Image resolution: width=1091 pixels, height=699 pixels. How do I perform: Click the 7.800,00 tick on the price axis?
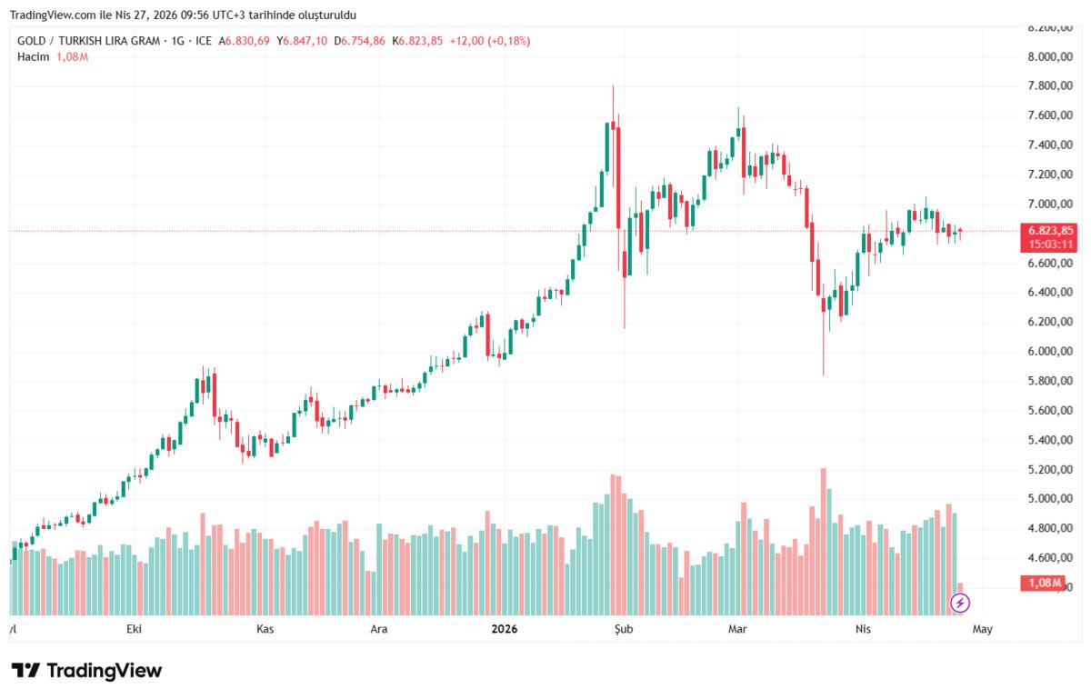point(1045,85)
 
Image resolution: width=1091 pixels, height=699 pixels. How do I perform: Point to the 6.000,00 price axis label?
point(1045,351)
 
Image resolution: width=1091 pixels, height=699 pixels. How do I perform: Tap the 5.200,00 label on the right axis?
point(1045,469)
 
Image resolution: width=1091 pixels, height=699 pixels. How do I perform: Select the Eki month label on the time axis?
point(135,628)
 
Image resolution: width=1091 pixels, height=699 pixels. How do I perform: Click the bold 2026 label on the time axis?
point(503,628)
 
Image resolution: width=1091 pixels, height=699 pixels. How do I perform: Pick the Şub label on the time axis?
point(622,628)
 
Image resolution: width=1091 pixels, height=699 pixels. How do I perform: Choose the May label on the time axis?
point(983,628)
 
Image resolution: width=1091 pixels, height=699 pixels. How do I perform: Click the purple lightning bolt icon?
point(960,602)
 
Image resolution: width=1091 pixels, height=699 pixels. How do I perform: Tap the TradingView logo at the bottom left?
point(86,671)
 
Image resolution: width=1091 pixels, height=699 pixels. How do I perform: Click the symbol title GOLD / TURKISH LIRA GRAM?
point(88,41)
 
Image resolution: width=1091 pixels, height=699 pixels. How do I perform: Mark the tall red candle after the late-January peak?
point(618,177)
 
